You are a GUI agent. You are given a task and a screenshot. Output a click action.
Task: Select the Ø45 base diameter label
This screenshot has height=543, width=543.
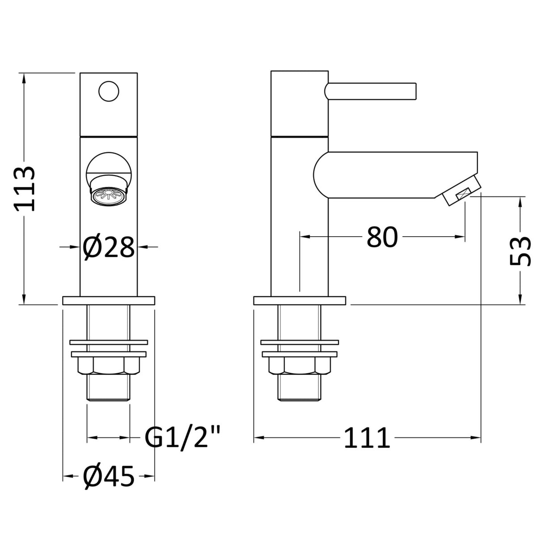coord(109,477)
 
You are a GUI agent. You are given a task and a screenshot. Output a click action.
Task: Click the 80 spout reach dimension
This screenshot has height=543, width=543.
coord(382,237)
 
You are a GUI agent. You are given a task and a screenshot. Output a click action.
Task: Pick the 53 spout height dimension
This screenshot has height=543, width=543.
coord(520,251)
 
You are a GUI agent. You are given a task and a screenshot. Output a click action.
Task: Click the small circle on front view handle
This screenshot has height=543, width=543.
coord(108,92)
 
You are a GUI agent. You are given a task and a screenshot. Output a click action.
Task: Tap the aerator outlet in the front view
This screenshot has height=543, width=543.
coord(108,196)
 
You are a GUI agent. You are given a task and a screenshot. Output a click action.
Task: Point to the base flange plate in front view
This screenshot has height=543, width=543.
coord(108,300)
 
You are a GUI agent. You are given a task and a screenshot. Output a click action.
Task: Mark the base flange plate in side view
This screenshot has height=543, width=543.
coord(299,300)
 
